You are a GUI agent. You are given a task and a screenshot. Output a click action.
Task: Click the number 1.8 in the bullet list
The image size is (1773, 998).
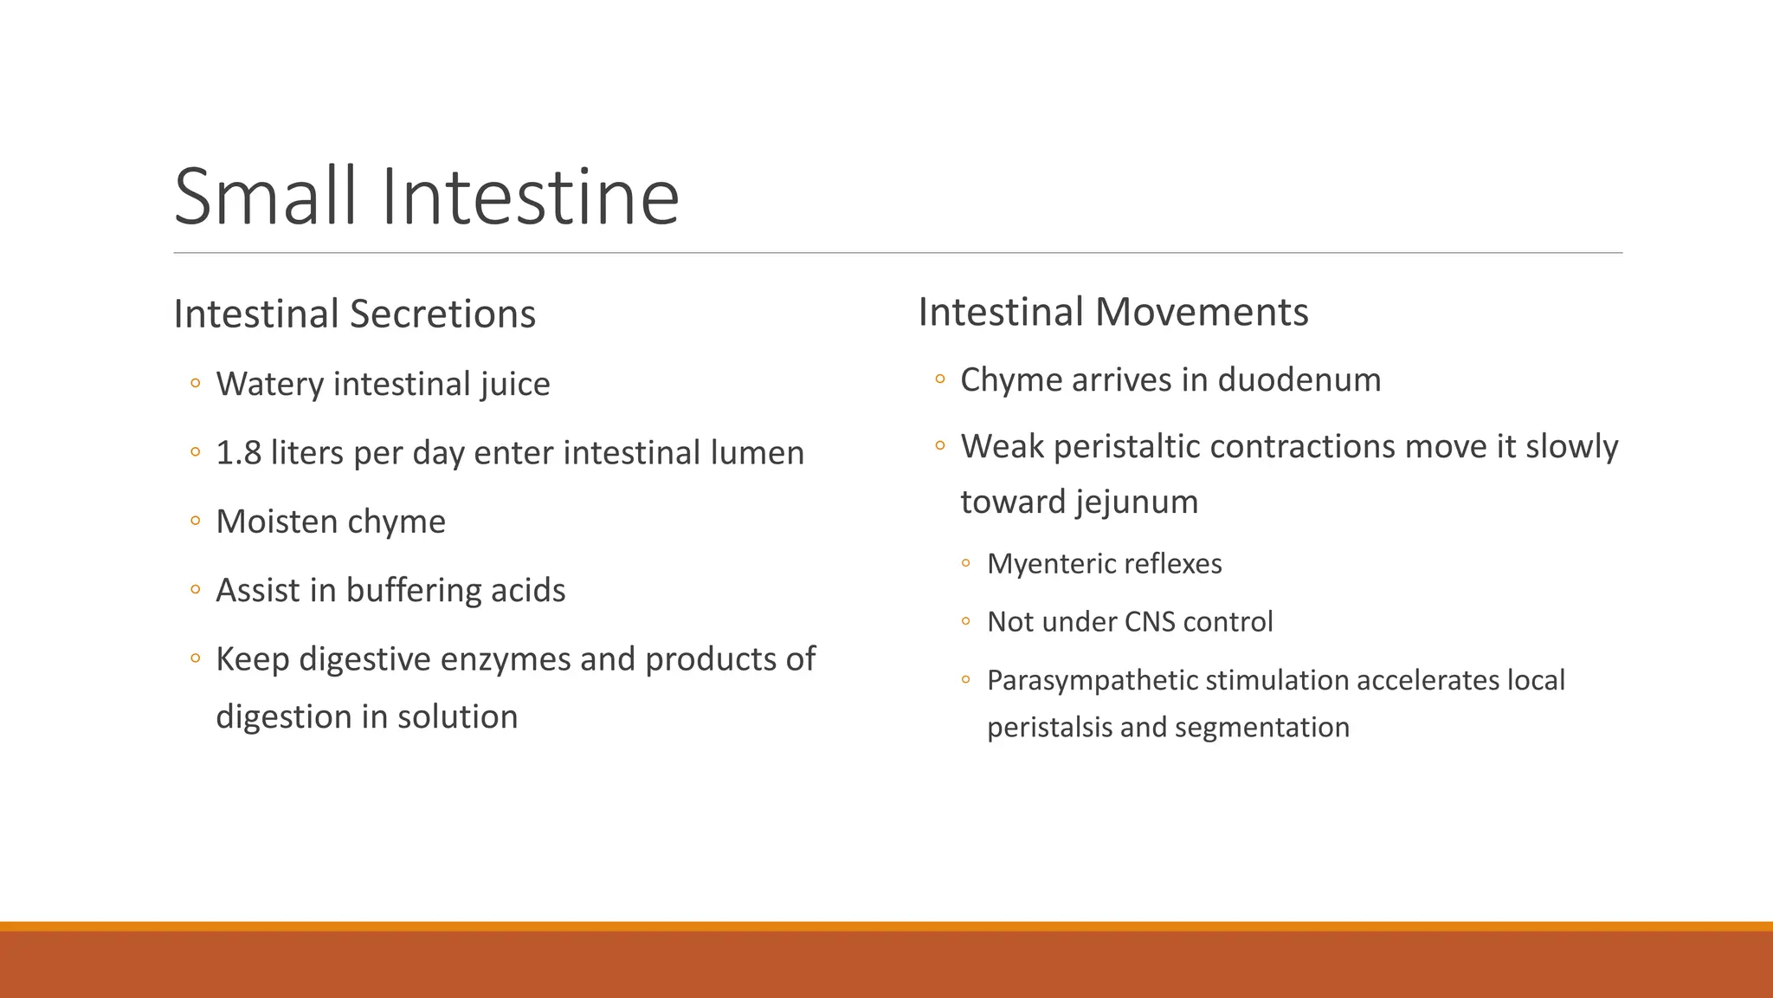(238, 453)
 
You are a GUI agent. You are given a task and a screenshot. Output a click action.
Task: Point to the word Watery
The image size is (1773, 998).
(269, 384)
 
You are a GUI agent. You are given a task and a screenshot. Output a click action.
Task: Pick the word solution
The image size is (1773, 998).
(457, 717)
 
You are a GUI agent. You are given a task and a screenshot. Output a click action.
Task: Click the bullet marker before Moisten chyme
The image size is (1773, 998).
(196, 522)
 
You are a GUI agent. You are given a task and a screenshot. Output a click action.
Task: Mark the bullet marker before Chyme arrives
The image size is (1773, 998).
(940, 379)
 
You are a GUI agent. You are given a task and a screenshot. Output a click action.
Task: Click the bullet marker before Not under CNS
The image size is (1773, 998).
(966, 622)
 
